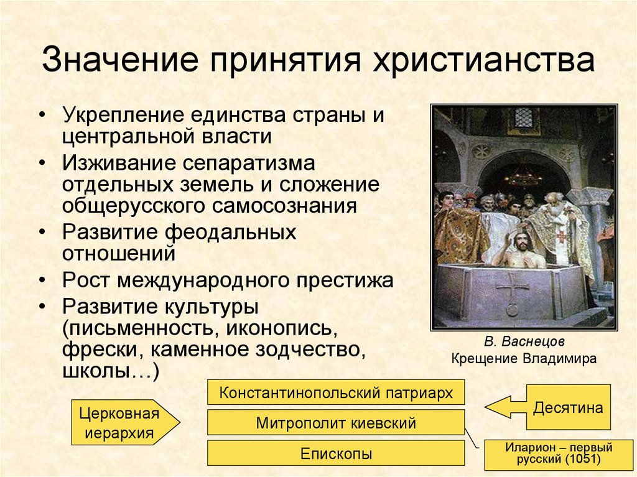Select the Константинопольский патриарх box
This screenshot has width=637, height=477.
coord(335,393)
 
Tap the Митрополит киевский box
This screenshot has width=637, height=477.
coord(335,424)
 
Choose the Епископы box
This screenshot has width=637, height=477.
coord(335,453)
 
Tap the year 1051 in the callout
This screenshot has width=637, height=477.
coord(582,460)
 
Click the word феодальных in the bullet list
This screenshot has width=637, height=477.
coord(230,232)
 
